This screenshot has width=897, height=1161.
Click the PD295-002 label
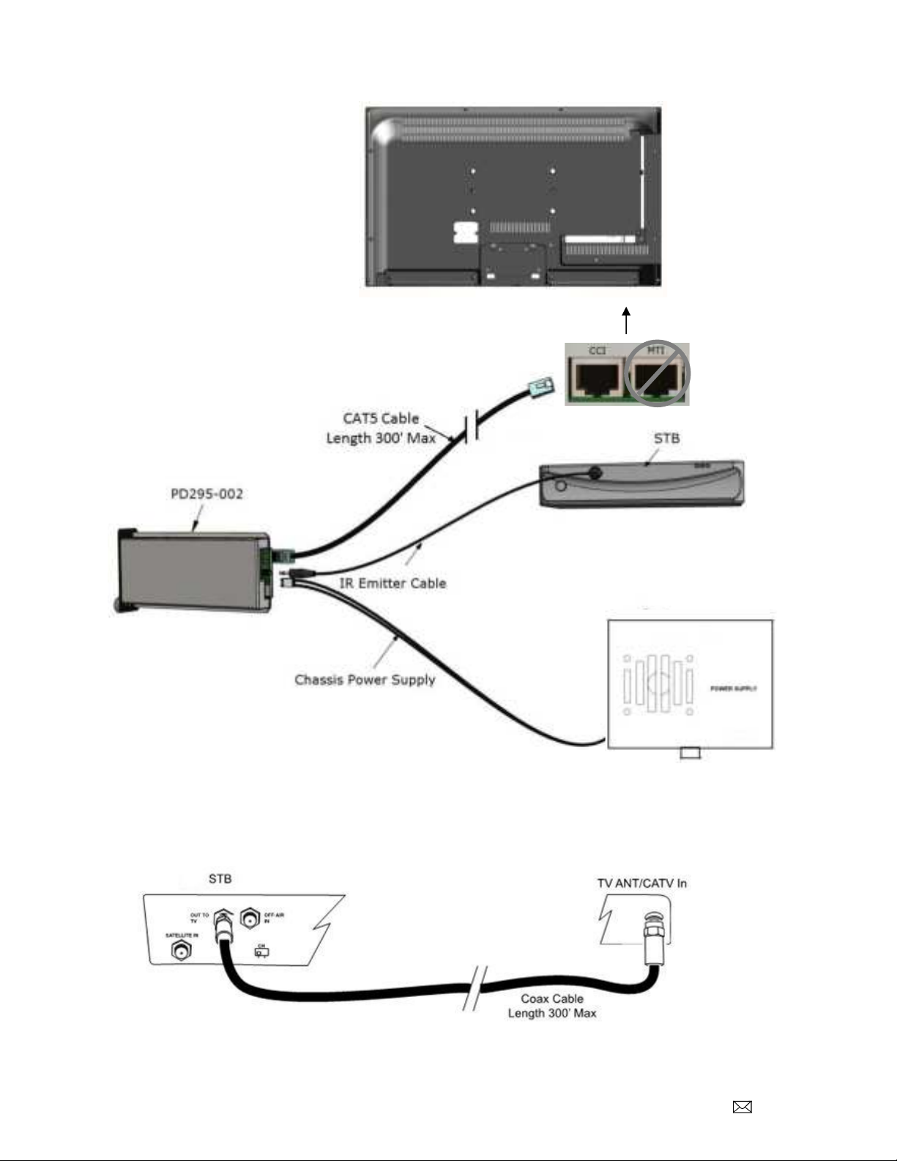[206, 494]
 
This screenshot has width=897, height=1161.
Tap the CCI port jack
[596, 378]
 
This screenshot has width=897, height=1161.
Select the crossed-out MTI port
[657, 374]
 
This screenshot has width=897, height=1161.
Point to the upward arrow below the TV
[626, 320]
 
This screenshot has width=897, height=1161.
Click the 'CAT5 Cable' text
[381, 419]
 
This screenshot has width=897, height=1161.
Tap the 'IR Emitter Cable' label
[392, 583]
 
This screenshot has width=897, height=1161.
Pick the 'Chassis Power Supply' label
[365, 680]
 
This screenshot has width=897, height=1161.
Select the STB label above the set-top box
[666, 438]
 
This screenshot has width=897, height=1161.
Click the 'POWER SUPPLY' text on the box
[733, 689]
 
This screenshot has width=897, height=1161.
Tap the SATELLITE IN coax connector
[181, 952]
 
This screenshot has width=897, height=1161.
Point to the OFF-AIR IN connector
[250, 919]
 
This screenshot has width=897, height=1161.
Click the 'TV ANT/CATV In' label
[641, 883]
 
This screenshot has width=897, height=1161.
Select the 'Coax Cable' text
[552, 998]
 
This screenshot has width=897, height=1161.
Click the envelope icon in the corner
[742, 1108]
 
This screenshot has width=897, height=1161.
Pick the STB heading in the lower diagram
[220, 878]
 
